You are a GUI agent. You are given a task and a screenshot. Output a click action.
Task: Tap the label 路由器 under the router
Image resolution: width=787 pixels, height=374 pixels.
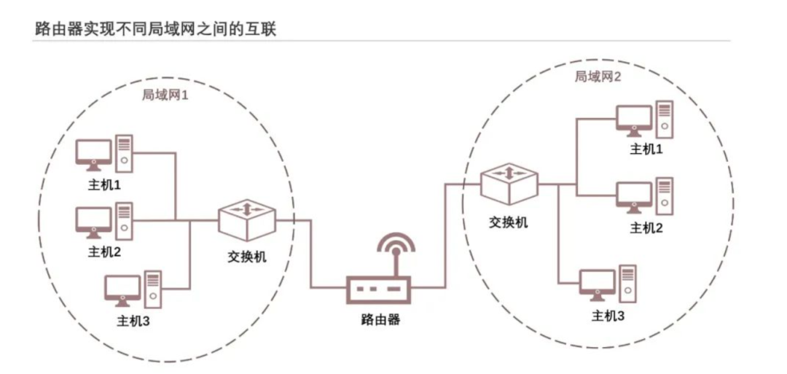(380, 319)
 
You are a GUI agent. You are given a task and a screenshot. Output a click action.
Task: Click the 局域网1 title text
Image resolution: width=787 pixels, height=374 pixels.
(165, 95)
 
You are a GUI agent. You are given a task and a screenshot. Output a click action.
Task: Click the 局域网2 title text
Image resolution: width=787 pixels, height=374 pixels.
(598, 76)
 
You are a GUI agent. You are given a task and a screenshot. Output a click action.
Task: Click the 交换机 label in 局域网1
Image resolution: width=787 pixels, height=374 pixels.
(247, 257)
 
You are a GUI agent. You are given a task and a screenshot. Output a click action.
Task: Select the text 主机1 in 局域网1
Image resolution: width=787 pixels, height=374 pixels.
(104, 185)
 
